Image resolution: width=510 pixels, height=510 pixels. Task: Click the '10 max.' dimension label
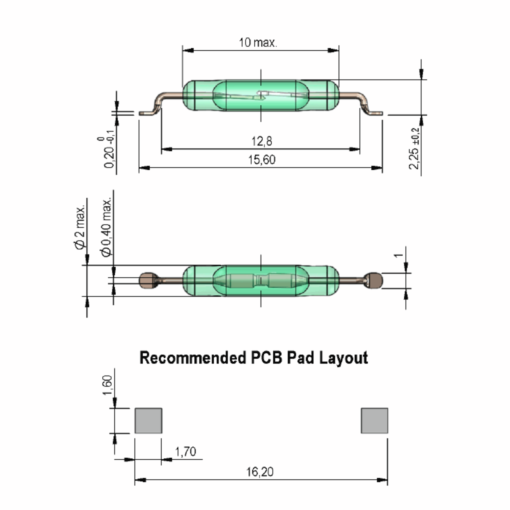258,42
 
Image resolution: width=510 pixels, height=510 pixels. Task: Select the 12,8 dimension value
262,141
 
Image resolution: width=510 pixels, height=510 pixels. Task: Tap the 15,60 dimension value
262,160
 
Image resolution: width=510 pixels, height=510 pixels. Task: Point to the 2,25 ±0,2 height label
414,148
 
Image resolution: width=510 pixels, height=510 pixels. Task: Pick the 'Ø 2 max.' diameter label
80,227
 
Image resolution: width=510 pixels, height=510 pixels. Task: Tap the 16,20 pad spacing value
260,472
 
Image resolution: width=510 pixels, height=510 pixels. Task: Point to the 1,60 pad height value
108,385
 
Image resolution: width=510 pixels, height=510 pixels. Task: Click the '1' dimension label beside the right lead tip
399,255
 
